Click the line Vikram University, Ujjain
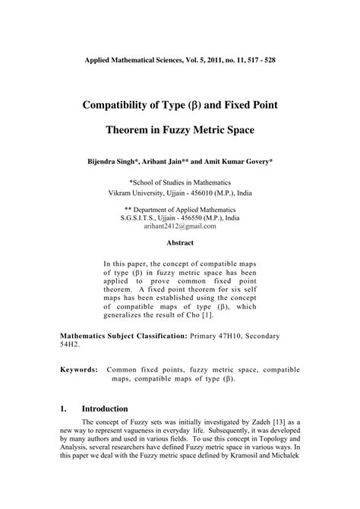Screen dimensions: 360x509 click(x=179, y=193)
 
